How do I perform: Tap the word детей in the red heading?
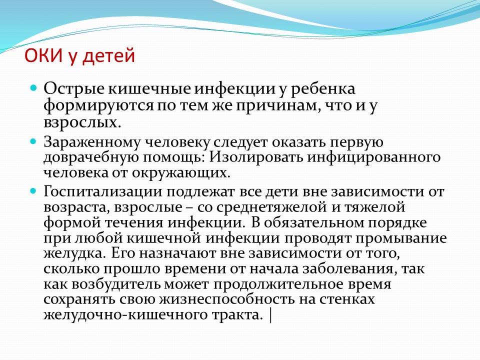(109, 56)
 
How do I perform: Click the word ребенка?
(322, 89)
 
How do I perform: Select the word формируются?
(98, 106)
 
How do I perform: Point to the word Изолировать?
(256, 157)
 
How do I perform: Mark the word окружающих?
(181, 173)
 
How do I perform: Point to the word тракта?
(237, 315)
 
